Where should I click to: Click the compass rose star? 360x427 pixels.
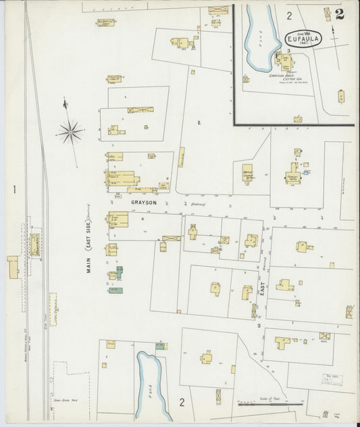click(x=70, y=131)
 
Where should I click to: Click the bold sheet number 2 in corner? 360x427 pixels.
click(x=338, y=14)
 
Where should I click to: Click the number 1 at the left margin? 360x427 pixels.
click(x=14, y=190)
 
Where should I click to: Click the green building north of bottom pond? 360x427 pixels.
click(x=159, y=346)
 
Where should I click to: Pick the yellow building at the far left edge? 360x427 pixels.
click(x=12, y=267)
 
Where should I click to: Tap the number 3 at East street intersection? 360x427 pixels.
click(x=258, y=326)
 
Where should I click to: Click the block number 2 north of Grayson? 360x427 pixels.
click(x=199, y=122)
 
